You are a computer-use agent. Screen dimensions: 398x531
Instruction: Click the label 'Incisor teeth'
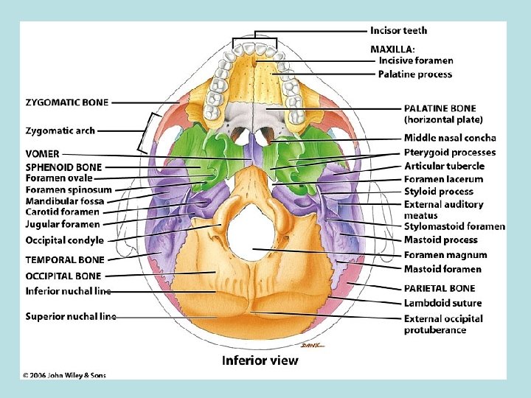coord(398,31)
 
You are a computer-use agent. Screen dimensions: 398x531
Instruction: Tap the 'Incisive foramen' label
coord(416,60)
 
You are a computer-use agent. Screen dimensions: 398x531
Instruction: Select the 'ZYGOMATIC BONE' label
coord(67,102)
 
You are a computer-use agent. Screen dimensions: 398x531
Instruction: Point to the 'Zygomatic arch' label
coord(60,130)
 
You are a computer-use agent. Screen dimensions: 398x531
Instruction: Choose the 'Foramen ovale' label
coord(59,178)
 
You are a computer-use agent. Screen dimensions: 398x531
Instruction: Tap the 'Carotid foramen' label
coord(63,212)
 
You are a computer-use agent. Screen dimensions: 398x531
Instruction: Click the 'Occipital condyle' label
coord(65,240)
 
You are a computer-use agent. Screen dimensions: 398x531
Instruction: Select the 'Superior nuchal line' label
coord(71,316)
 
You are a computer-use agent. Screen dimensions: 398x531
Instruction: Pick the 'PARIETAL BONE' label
coord(440,288)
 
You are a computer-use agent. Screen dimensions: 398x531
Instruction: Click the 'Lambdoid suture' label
coord(442,303)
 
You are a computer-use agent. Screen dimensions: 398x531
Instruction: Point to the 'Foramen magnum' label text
coord(445,255)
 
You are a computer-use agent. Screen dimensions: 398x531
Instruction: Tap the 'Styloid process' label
coord(439,192)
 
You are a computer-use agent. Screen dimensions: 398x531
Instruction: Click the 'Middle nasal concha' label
coord(450,138)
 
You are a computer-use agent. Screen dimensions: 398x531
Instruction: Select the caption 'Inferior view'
coord(260,360)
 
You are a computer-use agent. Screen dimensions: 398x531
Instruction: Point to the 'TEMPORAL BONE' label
coord(65,259)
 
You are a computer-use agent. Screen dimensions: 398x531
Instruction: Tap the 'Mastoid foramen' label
coord(442,269)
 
